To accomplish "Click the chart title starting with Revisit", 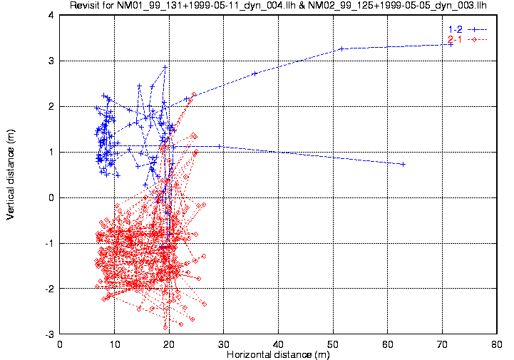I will coord(283,6).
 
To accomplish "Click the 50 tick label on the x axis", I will coord(333,344).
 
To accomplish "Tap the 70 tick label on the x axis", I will coord(442,344).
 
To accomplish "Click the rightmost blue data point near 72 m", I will coord(451,44).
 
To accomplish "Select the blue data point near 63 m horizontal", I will coord(403,164).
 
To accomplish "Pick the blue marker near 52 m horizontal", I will coord(341,48).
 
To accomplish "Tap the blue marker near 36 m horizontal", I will coord(255,73).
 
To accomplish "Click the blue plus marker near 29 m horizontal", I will coord(219,146).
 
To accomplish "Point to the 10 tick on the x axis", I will coord(115,344).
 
